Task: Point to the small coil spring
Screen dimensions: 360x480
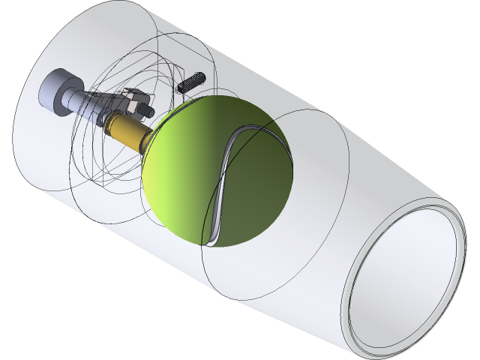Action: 192,82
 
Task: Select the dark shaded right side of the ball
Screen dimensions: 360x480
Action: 274,187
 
